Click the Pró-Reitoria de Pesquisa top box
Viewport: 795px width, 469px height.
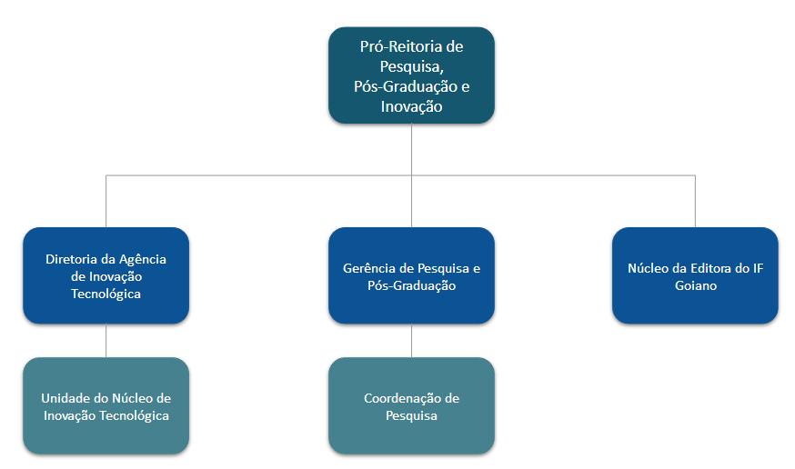click(411, 75)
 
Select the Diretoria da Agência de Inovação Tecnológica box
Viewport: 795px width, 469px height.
click(106, 275)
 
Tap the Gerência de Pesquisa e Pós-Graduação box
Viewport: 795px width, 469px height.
click(411, 275)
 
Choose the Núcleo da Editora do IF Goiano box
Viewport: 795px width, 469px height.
click(695, 275)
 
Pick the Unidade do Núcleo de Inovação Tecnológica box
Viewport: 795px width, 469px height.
click(106, 405)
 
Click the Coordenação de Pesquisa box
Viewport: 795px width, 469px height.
click(411, 405)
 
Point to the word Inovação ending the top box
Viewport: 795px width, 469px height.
click(411, 106)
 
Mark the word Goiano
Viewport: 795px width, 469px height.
click(695, 285)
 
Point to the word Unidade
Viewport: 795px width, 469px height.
click(65, 398)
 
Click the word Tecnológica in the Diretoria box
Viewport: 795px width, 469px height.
click(106, 294)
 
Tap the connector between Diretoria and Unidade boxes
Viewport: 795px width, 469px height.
click(106, 340)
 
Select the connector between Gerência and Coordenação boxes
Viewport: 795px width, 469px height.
click(412, 340)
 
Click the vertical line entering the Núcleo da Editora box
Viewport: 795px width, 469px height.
click(695, 201)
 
